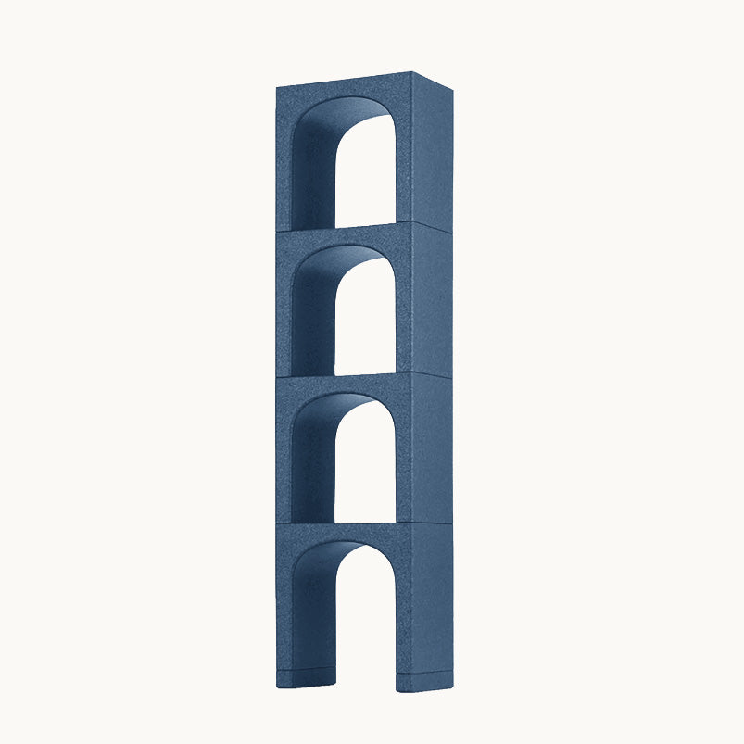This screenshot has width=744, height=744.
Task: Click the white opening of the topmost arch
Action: (x=366, y=181)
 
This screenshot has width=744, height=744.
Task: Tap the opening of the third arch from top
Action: (x=366, y=473)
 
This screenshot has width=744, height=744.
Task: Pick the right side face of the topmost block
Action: (x=431, y=153)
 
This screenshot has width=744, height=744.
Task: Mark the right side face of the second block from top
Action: (x=431, y=301)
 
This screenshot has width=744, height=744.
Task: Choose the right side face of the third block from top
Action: (x=431, y=449)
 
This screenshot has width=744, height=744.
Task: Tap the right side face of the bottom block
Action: (x=431, y=602)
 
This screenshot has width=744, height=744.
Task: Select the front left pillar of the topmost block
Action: (x=284, y=167)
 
